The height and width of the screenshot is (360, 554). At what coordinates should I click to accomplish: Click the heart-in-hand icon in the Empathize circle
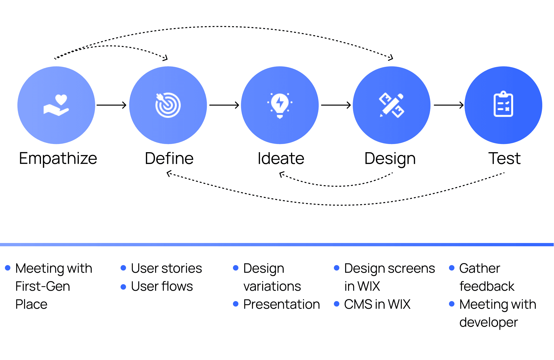[56, 105]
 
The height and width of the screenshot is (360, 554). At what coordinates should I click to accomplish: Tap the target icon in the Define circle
[168, 105]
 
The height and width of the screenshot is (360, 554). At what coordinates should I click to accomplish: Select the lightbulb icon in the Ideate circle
[280, 106]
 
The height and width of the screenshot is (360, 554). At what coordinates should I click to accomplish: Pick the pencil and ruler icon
[392, 105]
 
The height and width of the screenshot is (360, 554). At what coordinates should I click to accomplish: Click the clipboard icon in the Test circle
[503, 104]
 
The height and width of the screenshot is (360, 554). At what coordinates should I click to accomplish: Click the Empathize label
[58, 158]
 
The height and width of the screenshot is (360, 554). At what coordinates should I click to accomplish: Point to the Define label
[169, 158]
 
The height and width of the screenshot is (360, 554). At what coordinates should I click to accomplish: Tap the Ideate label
[281, 158]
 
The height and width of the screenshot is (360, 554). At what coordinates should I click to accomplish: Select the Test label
[504, 158]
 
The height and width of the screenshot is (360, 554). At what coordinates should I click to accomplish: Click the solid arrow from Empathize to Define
[112, 105]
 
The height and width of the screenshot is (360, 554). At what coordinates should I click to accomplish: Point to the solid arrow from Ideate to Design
[336, 105]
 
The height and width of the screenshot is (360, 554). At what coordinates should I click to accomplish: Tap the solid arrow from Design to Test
[448, 105]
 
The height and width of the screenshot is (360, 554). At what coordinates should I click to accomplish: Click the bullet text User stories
[166, 268]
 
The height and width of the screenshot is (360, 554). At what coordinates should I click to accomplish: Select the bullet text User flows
[162, 286]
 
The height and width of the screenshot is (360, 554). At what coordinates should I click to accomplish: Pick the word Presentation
[282, 304]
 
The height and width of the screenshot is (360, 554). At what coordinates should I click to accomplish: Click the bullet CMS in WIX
[377, 304]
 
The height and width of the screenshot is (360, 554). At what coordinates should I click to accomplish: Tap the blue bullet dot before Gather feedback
[452, 268]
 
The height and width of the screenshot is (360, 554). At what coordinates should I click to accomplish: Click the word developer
[489, 323]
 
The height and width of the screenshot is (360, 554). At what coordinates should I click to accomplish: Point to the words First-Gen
[43, 286]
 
